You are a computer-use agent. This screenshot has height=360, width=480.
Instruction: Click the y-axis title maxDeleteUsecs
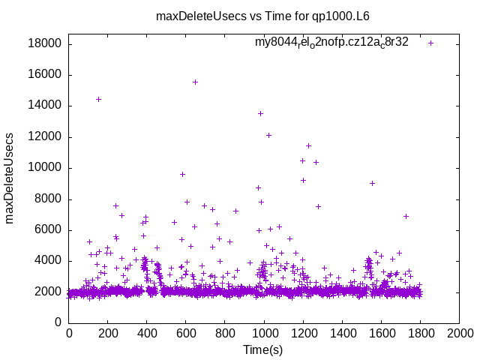click(10, 177)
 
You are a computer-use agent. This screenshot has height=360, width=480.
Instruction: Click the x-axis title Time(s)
click(263, 349)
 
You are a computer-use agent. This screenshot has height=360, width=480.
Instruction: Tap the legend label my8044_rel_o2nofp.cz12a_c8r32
click(331, 42)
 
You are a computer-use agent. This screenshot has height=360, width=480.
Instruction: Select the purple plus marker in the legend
click(430, 43)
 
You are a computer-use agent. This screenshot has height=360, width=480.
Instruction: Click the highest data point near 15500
click(195, 82)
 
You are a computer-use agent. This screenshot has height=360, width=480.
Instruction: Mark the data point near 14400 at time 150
click(98, 99)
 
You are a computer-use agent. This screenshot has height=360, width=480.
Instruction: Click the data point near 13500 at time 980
click(260, 113)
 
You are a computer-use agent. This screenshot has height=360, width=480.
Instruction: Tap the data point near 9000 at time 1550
click(372, 183)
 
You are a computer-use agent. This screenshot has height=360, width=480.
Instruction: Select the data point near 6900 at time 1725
click(406, 216)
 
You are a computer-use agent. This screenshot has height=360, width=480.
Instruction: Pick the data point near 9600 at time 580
click(182, 174)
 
